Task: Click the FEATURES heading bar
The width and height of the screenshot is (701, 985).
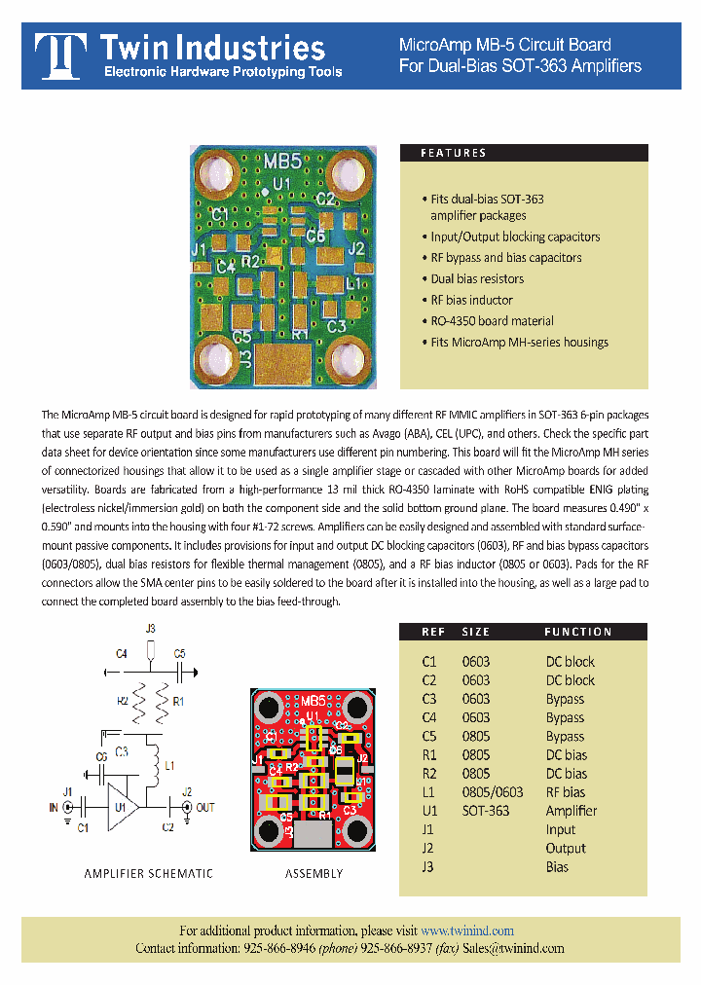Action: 524,153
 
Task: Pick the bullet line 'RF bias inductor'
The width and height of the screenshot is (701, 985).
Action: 471,300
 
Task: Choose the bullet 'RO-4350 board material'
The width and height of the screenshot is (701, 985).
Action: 492,321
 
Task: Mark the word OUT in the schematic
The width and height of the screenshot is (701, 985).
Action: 205,808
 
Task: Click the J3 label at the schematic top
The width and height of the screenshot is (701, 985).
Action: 149,630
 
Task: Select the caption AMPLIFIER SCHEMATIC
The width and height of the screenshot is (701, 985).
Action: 147,873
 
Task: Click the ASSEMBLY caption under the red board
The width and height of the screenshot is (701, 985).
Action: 314,873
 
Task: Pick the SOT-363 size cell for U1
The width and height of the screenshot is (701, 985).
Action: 485,811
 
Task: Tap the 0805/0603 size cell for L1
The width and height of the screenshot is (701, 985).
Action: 492,792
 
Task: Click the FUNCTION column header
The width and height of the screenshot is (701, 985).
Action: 577,632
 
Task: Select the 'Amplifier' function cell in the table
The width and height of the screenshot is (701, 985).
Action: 572,811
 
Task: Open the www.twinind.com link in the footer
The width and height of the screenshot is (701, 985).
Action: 467,930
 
